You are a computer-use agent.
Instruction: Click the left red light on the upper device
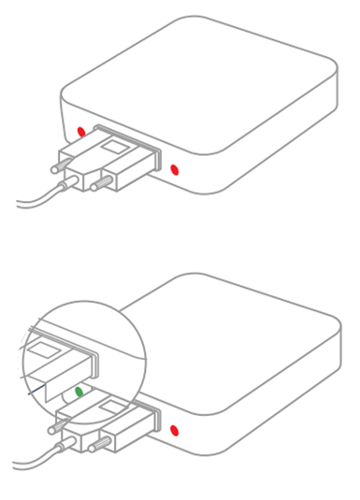[x=81, y=131]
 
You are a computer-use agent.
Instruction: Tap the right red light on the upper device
[x=175, y=169]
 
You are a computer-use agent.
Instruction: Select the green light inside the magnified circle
[x=81, y=391]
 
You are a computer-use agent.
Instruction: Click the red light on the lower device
[x=175, y=431]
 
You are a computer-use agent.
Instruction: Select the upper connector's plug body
[x=103, y=164]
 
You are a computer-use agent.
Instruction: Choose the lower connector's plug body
[x=103, y=425]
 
